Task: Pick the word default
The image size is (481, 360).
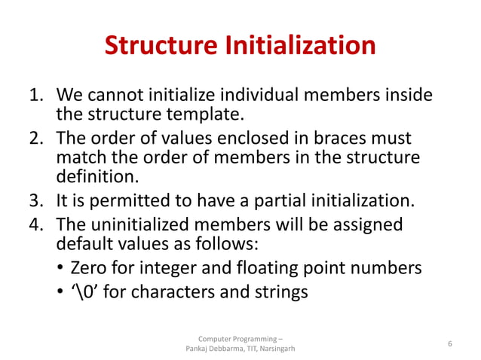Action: [83, 243]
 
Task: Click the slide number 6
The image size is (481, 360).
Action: [449, 343]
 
